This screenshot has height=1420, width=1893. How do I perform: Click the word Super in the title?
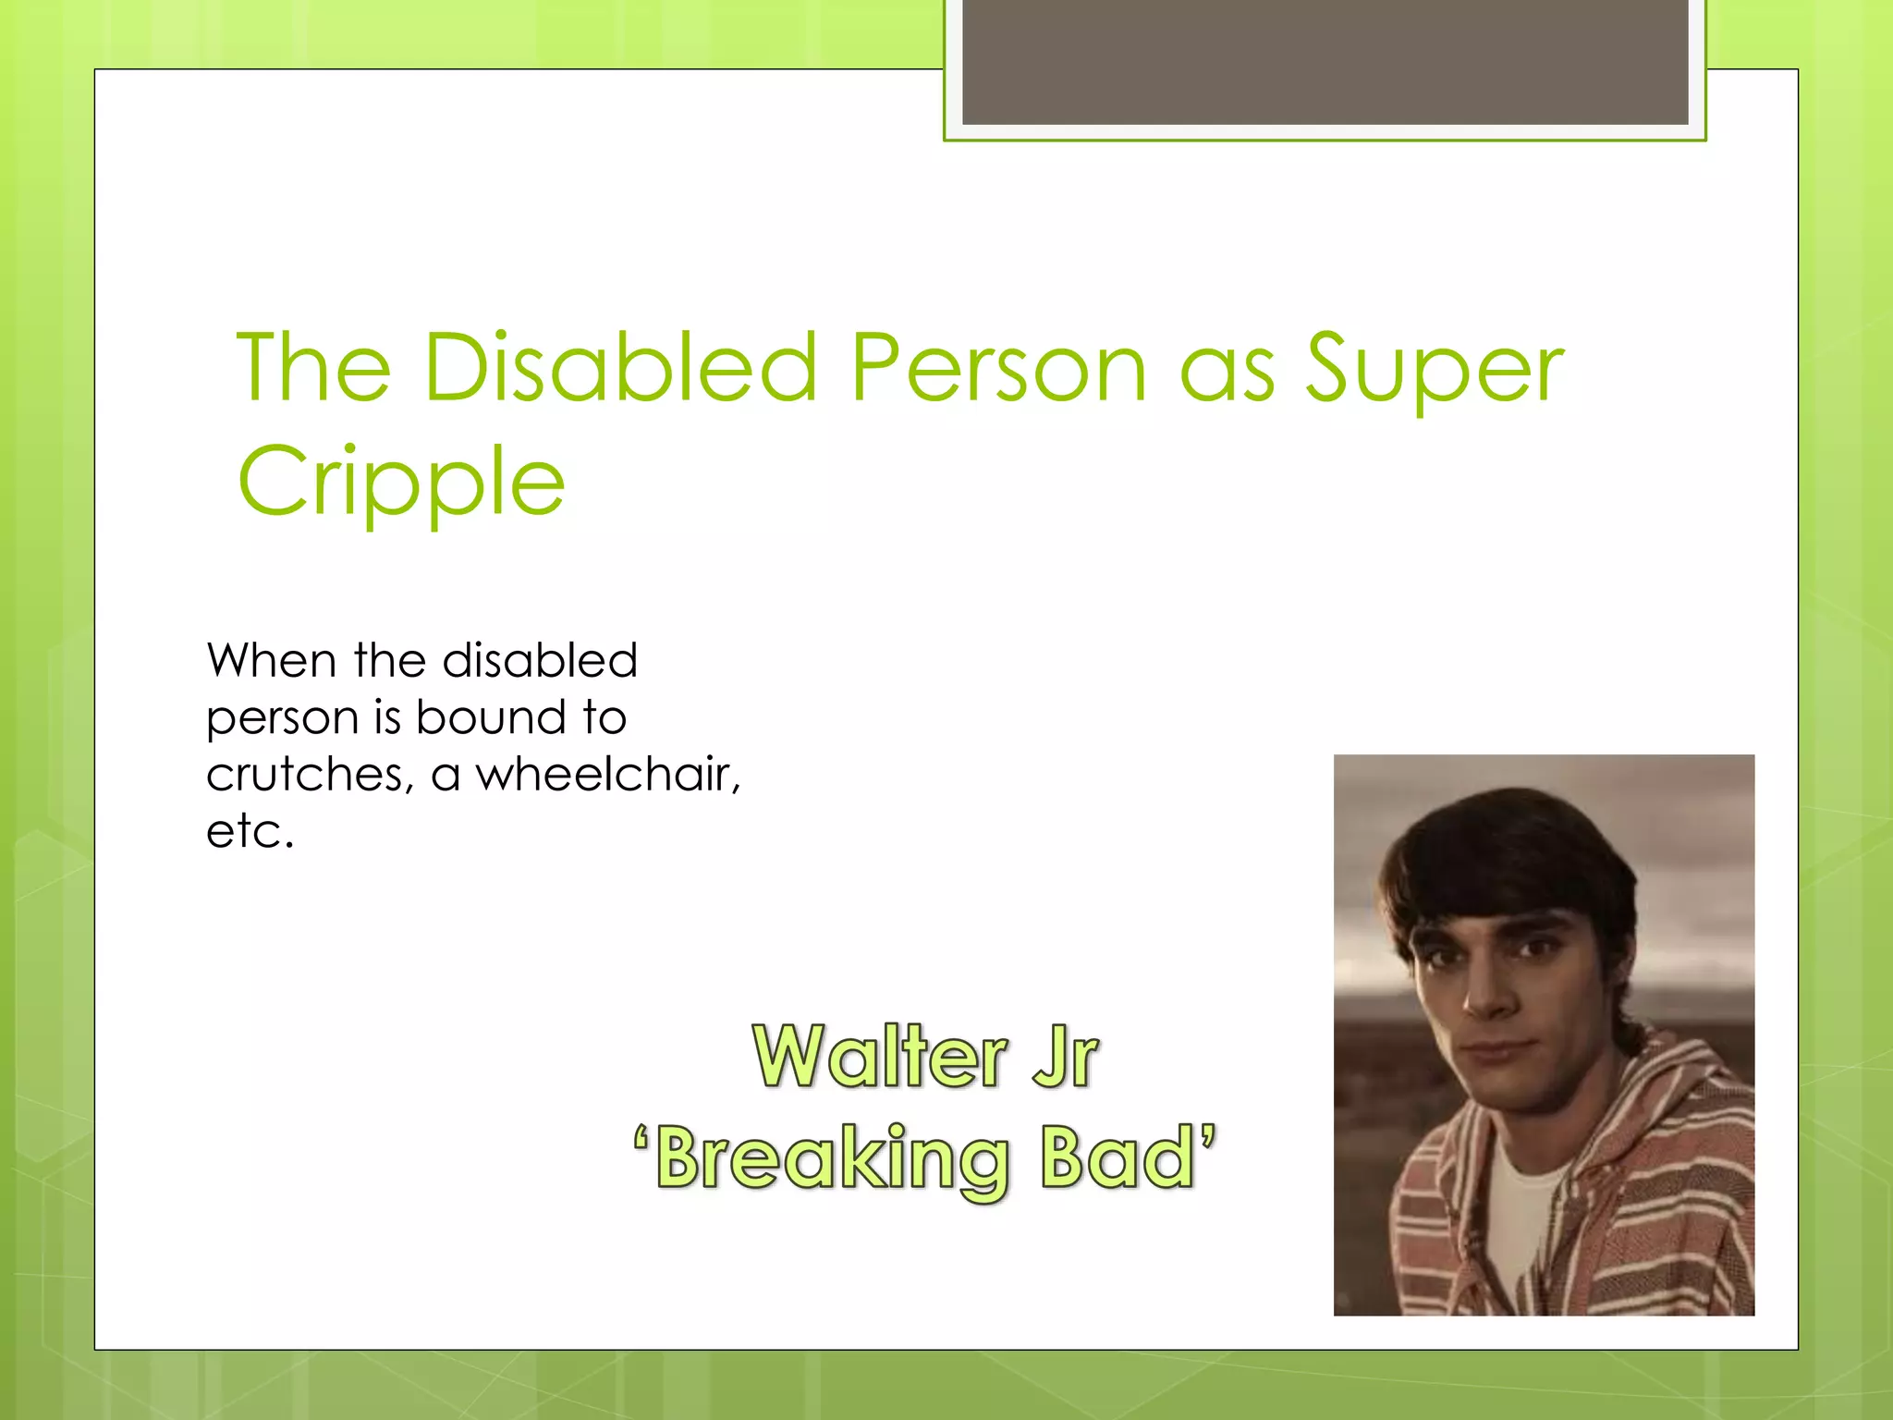tap(1434, 370)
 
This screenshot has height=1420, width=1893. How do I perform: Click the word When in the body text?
tap(271, 661)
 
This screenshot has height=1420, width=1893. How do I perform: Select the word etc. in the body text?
tap(250, 831)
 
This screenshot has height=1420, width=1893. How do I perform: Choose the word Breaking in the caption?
tap(832, 1159)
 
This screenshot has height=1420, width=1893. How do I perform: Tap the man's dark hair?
tap(1507, 851)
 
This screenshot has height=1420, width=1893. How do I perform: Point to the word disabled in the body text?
tap(540, 661)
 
